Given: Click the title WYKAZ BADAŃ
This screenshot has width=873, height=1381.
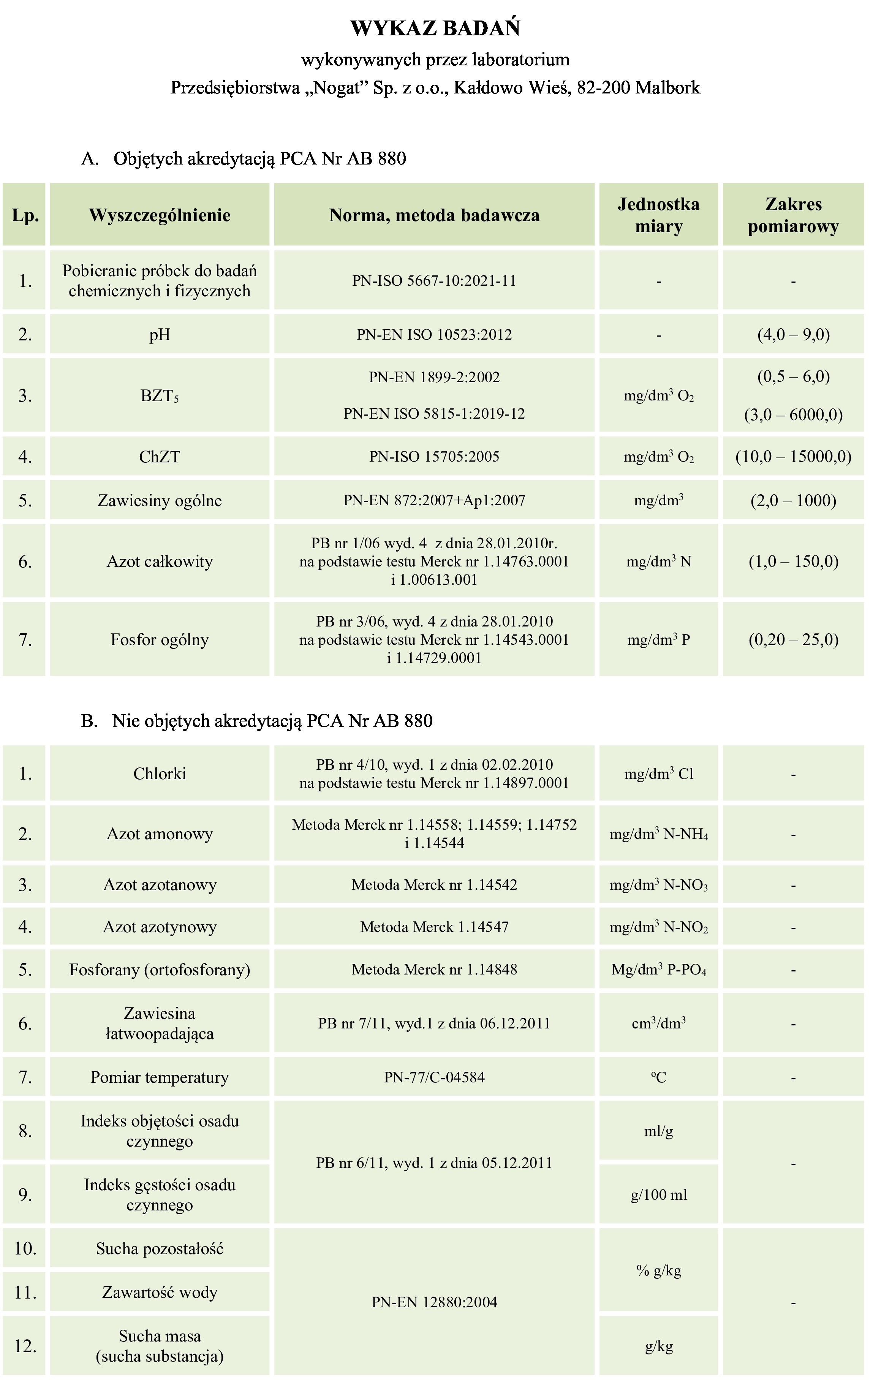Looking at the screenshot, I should click(x=435, y=28).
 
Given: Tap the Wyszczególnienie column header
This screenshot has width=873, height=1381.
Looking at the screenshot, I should click(x=160, y=215).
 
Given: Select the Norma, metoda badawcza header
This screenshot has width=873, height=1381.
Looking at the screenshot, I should click(x=434, y=215).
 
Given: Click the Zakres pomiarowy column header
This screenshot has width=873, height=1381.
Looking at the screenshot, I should click(x=793, y=215).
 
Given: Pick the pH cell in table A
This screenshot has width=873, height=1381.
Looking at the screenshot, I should click(x=160, y=334).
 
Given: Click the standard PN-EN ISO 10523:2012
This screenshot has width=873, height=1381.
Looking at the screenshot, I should click(x=434, y=334).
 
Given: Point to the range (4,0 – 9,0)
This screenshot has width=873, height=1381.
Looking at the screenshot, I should click(x=793, y=334).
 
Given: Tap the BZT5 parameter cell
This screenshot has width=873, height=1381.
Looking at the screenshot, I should click(x=160, y=396).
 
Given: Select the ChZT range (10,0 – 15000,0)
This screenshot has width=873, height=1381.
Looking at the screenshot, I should click(x=793, y=457).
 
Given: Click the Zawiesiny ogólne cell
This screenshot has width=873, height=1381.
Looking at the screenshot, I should click(x=160, y=500).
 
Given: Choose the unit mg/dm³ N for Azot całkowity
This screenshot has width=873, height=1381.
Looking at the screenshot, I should click(x=658, y=561).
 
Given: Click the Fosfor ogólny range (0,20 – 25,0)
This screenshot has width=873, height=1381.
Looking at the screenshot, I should click(x=793, y=639).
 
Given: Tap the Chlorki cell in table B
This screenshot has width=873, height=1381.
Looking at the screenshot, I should click(x=160, y=774).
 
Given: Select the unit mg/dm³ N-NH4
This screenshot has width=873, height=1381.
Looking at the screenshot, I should click(x=658, y=834).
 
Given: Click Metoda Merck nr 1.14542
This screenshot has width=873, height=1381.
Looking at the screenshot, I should click(x=434, y=884).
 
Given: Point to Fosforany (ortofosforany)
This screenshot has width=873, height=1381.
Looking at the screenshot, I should click(x=160, y=969).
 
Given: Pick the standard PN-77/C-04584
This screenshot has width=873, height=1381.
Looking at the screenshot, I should click(x=434, y=1077).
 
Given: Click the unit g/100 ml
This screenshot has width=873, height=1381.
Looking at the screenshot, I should click(x=658, y=1194).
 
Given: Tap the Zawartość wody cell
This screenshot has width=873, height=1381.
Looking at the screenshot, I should click(x=160, y=1292).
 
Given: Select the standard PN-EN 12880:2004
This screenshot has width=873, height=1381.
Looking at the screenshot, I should click(x=434, y=1302).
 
